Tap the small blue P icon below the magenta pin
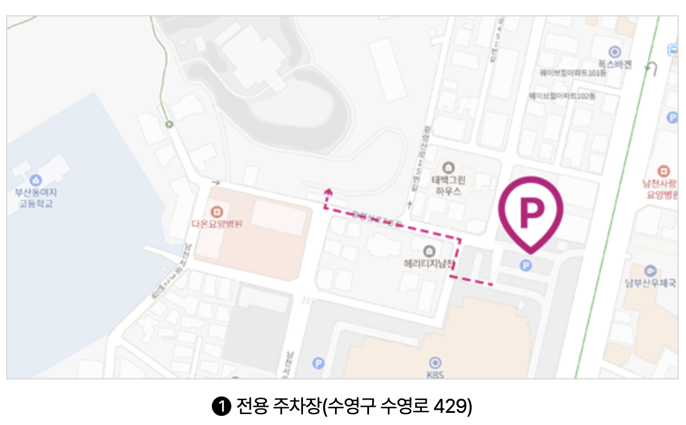coord(526,265)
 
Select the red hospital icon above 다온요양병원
coord(217,212)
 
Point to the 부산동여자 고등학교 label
coord(35,198)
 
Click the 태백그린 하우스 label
coord(447,185)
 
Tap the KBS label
coord(435,375)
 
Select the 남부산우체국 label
coord(651,283)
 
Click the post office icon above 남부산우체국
coord(651,270)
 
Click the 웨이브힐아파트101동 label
coord(573,73)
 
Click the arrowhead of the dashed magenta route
coord(328,192)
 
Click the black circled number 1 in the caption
coord(222,406)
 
